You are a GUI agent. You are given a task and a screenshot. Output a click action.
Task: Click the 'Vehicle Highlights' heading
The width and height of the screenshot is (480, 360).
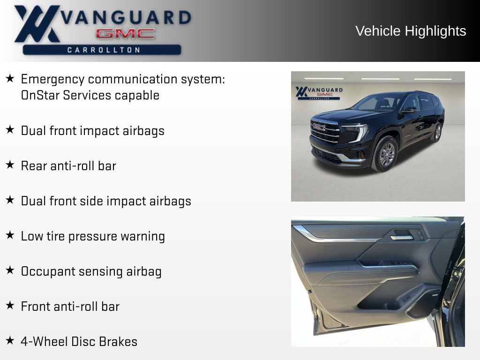pyautogui.click(x=411, y=31)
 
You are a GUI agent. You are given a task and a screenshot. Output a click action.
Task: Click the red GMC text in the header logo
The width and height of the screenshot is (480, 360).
pyautogui.click(x=125, y=34)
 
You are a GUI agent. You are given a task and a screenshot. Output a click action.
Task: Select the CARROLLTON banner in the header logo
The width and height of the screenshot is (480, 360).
pyautogui.click(x=102, y=50)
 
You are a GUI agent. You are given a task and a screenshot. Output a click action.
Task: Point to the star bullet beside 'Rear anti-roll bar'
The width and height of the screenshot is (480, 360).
pyautogui.click(x=10, y=165)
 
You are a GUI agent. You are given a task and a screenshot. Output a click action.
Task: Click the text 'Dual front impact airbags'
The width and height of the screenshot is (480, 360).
pyautogui.click(x=92, y=130)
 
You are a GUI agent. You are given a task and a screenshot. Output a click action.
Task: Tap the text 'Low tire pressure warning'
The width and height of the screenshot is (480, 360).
pyautogui.click(x=93, y=236)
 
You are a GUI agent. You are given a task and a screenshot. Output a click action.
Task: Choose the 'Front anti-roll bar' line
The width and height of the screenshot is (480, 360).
pyautogui.click(x=70, y=307)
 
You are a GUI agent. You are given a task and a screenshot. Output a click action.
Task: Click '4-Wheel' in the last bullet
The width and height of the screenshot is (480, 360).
pyautogui.click(x=44, y=342)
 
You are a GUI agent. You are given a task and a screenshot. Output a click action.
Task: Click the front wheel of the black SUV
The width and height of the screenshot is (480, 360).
pyautogui.click(x=386, y=154)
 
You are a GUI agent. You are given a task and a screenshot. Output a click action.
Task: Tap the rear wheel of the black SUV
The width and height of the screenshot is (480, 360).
pyautogui.click(x=437, y=132)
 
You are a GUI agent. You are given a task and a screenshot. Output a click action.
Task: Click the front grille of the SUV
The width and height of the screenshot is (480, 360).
pyautogui.click(x=325, y=131)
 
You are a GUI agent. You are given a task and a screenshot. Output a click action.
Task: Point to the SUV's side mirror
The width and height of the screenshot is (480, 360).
pyautogui.click(x=409, y=110)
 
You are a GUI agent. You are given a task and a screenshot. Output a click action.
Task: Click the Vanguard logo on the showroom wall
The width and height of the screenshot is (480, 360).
pyautogui.click(x=319, y=92)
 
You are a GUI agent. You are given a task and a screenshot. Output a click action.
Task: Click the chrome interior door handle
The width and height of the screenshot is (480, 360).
pyautogui.click(x=402, y=237)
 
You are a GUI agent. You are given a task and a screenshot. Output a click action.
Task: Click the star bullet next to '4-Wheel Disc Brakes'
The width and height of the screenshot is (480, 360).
pyautogui.click(x=10, y=341)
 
